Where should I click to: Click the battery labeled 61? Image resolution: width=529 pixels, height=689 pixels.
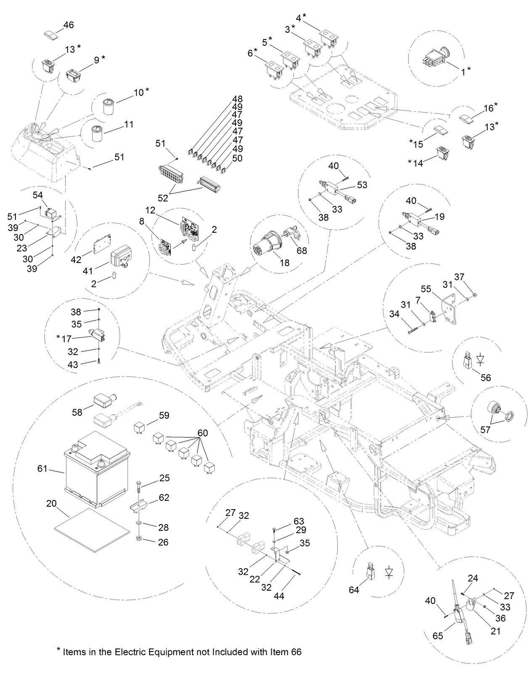97,471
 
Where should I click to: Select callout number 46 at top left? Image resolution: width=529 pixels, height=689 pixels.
68,25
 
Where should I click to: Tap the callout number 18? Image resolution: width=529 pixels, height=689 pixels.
285,263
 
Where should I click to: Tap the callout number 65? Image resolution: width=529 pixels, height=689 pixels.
438,636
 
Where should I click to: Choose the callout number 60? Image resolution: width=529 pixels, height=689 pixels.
203,433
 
